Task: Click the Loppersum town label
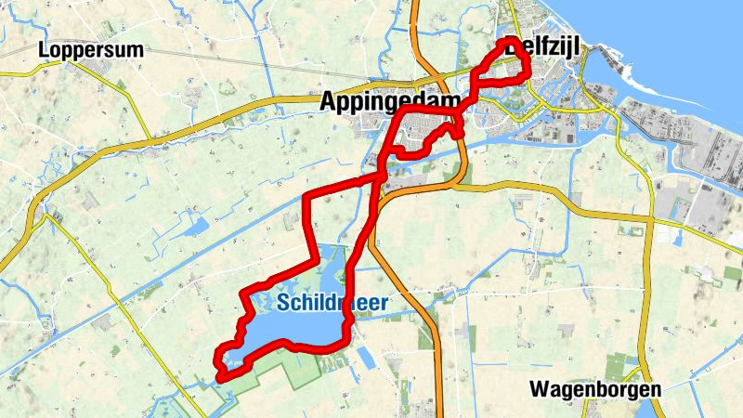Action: point(91,50)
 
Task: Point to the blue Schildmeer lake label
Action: point(332,302)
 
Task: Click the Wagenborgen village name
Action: point(594,388)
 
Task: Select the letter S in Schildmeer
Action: point(282,302)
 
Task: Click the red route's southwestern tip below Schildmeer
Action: point(221,373)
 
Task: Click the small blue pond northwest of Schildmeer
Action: point(197,226)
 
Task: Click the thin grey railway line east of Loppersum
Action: point(232,61)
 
